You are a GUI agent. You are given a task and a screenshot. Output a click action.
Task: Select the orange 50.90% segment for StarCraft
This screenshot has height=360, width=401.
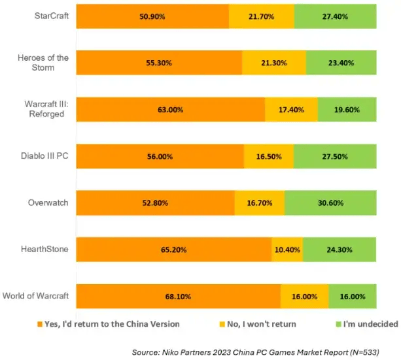[x=152, y=16]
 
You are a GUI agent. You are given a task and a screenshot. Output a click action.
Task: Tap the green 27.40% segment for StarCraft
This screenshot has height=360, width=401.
[x=335, y=16]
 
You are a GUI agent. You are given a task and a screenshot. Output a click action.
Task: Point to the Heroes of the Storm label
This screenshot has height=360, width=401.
[x=44, y=63]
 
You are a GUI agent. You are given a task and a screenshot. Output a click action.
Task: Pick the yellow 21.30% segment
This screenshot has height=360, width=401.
[x=273, y=63]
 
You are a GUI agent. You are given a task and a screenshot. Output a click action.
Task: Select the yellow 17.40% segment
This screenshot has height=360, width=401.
[x=291, y=110]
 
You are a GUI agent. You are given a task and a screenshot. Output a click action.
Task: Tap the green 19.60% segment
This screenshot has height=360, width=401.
[x=347, y=110]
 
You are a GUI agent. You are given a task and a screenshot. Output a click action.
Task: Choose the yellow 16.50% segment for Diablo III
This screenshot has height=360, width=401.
[x=268, y=156]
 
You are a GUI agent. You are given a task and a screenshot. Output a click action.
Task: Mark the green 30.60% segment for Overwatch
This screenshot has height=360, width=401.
[x=330, y=203]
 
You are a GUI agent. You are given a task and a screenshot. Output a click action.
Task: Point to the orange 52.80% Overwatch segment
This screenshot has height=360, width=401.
[x=155, y=203]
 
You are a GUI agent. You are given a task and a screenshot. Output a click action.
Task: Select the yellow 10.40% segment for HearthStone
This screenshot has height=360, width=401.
[x=287, y=250]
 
